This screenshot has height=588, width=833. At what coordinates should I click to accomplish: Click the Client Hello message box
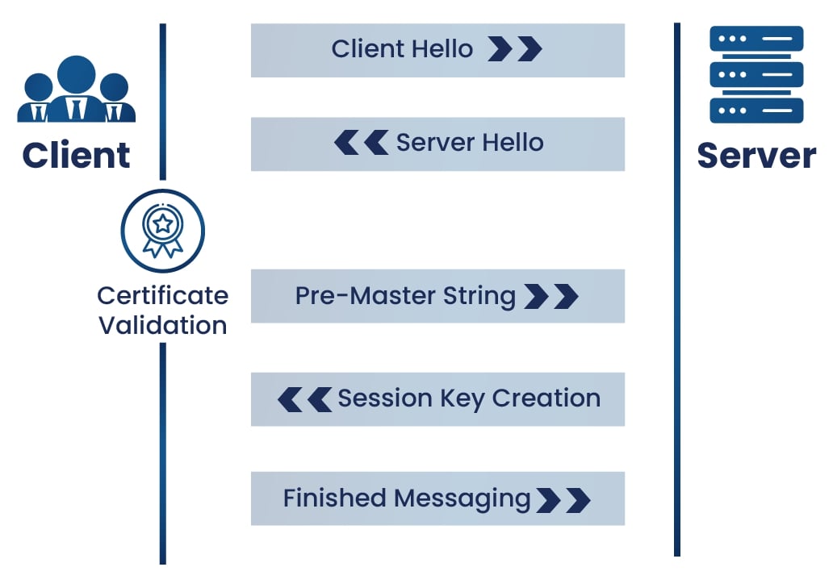pos(437,50)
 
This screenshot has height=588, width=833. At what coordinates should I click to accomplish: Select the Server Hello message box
pos(437,144)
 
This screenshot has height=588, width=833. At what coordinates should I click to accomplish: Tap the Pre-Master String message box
pos(437,296)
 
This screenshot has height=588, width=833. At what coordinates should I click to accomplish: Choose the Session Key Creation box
pos(437,398)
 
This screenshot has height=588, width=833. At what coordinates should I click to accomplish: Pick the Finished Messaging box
pos(437,498)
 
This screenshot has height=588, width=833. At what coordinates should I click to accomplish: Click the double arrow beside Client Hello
pos(515,50)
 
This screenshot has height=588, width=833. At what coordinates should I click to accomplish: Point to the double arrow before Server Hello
pos(361,144)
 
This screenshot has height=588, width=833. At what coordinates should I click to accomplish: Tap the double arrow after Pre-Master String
pos(551,297)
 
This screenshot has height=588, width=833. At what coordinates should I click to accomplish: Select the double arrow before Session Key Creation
pos(304,399)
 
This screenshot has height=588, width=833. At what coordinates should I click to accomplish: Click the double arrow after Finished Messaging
pos(563,500)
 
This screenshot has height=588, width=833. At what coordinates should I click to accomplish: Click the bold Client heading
pos(76,155)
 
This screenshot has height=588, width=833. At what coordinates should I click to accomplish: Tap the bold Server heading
pos(756,155)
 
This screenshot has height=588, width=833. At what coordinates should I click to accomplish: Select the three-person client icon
pos(76,89)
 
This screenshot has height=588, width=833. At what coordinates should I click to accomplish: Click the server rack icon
pos(756,74)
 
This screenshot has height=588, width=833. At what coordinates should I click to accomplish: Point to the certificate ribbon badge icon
pos(162,231)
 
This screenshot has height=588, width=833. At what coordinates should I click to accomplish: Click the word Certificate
pos(162,295)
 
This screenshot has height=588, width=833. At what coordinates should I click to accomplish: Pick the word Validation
pos(162,326)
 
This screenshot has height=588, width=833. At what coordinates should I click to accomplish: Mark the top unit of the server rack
pos(756,39)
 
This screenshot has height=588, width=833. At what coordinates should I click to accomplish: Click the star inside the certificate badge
pos(162,222)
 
